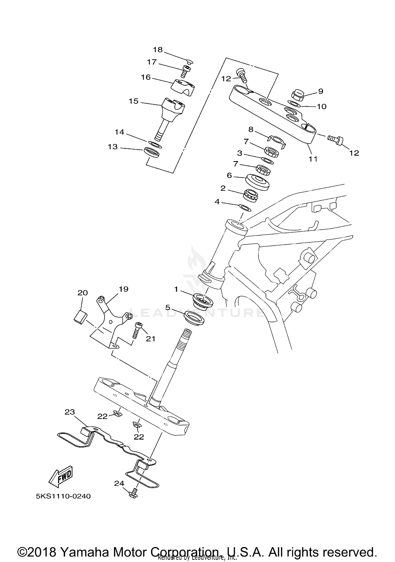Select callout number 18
click(x=158, y=49)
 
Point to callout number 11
click(x=313, y=159)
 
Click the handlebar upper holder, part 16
click(x=184, y=87)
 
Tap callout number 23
click(x=70, y=412)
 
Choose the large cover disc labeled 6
click(x=258, y=182)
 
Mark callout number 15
click(x=134, y=101)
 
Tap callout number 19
click(x=124, y=289)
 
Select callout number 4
click(x=217, y=202)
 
